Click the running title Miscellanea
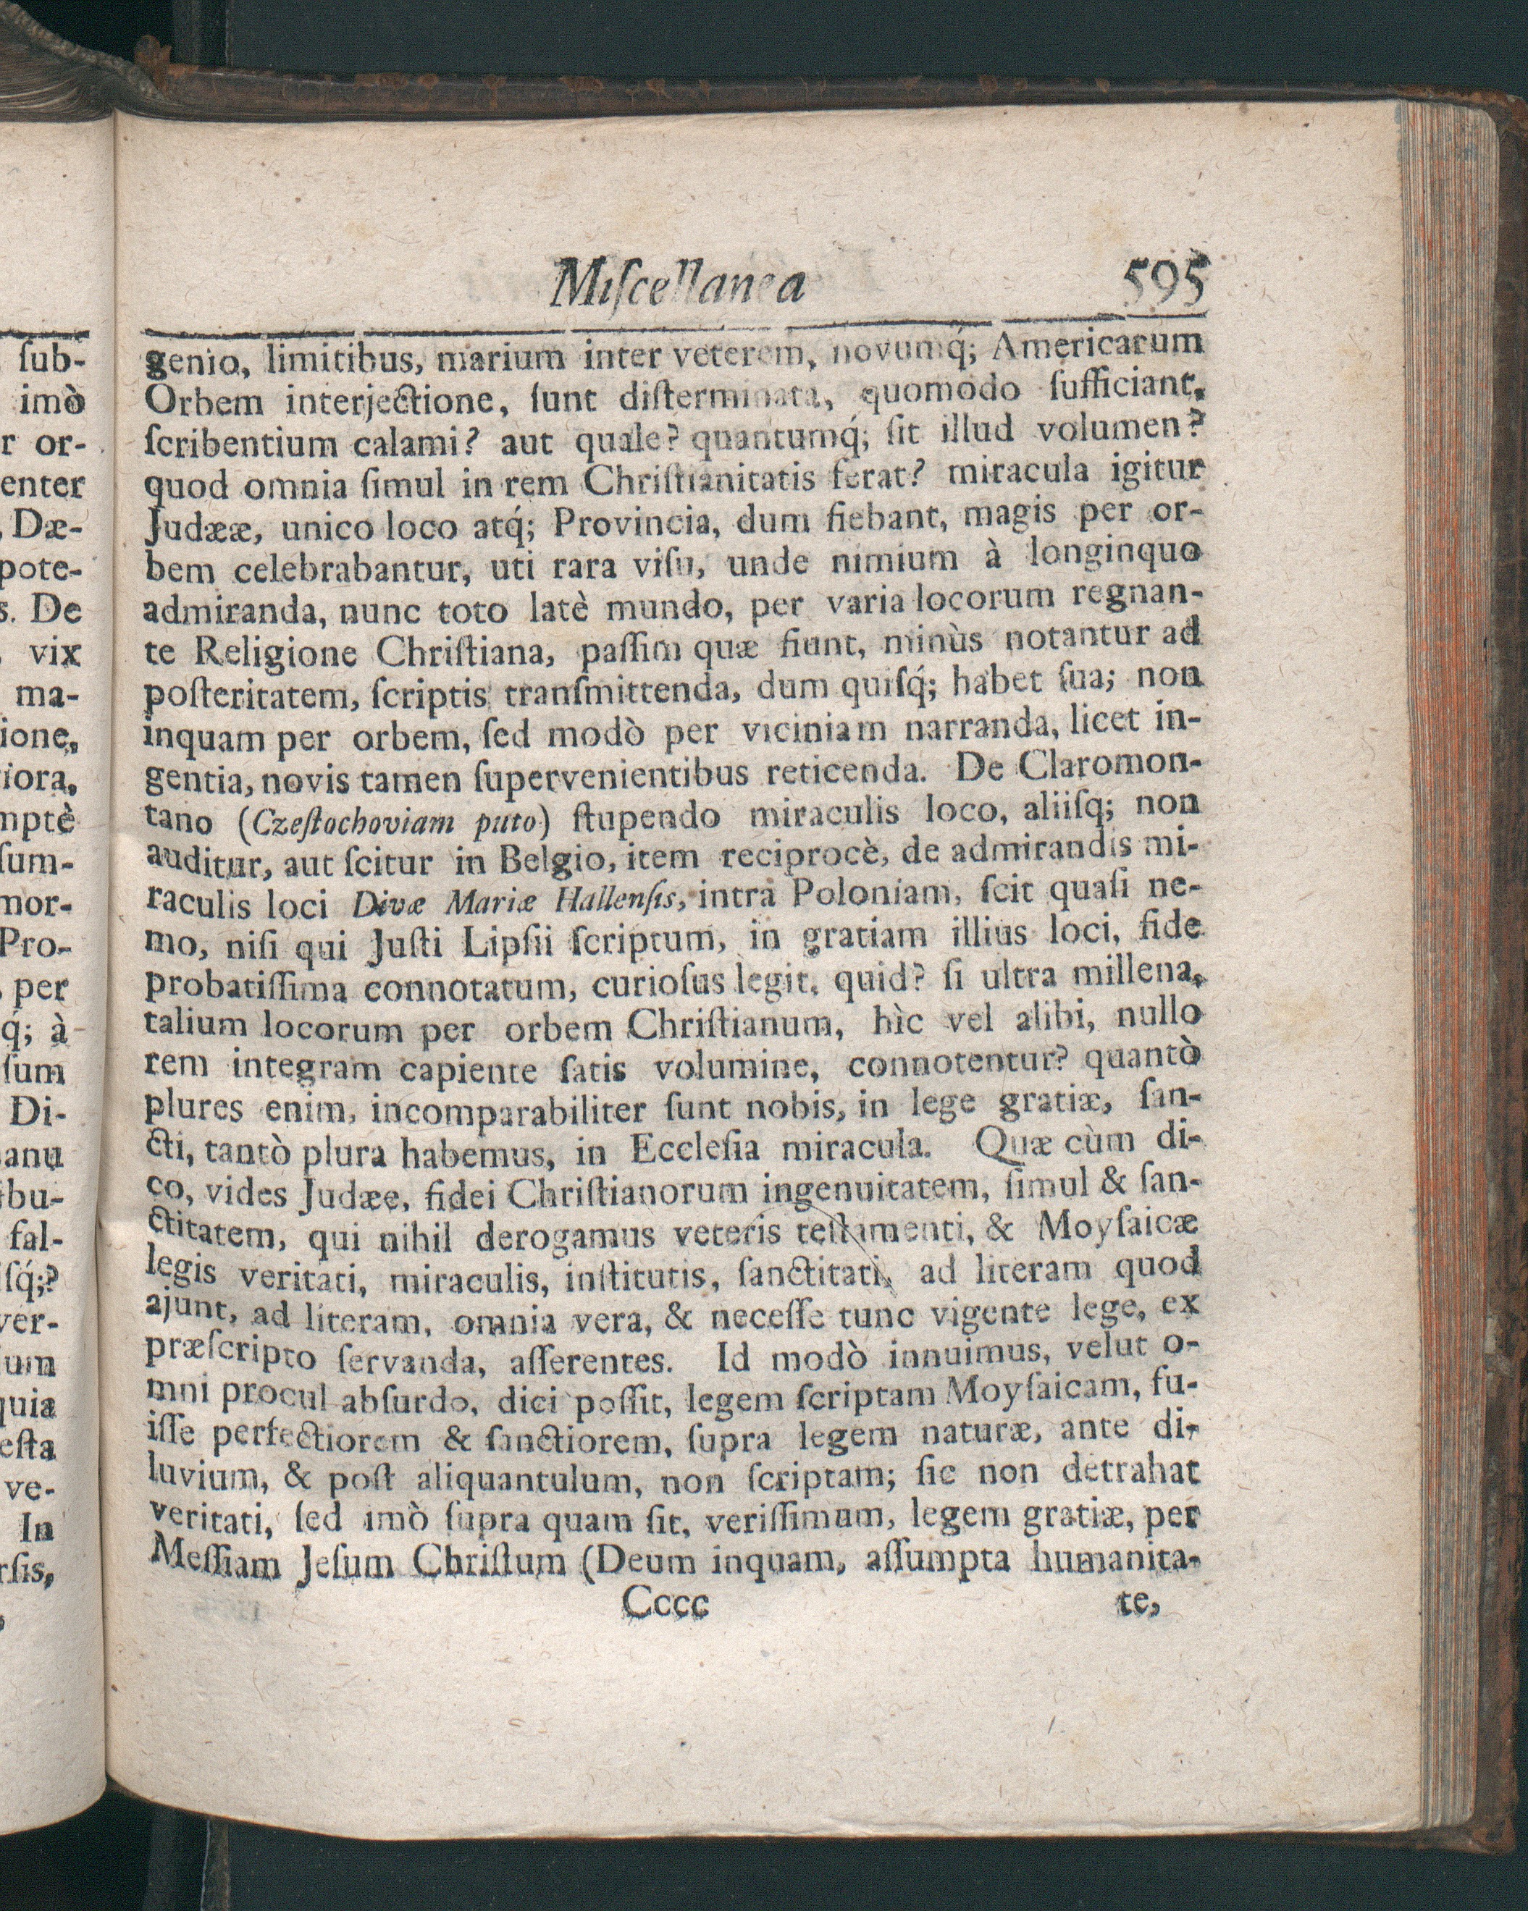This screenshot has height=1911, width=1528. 679,284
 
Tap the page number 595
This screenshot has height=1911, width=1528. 1164,282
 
